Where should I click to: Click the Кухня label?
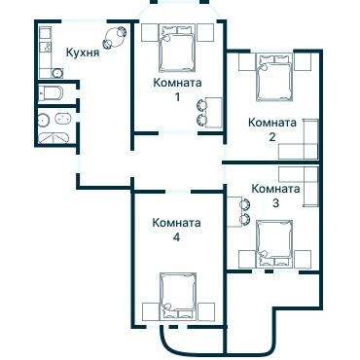[83, 53]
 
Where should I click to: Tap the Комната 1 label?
[177, 90]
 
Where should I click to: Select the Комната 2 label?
[272, 129]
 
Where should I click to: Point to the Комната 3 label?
[275, 196]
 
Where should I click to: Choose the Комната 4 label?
[176, 230]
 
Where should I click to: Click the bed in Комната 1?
[178, 48]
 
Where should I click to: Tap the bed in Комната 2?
[274, 78]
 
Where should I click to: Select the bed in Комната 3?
[274, 243]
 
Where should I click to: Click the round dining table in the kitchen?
[115, 37]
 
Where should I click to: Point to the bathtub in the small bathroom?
[51, 93]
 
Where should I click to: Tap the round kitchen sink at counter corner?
[57, 73]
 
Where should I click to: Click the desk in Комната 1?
[214, 112]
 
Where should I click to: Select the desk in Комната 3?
[234, 211]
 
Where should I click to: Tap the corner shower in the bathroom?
[54, 138]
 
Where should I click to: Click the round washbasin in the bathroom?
[44, 121]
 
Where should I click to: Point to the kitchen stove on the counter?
[46, 48]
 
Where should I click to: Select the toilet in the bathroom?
[62, 119]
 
